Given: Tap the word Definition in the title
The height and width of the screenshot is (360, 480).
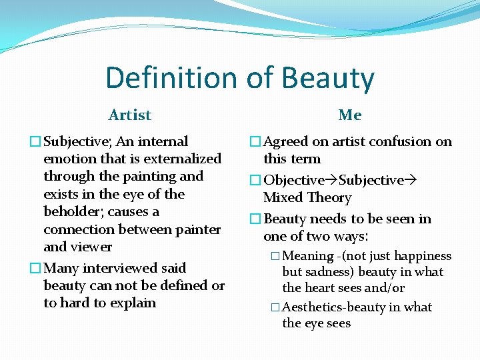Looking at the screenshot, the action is tap(171, 77).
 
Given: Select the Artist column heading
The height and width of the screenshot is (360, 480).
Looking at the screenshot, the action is tap(130, 115).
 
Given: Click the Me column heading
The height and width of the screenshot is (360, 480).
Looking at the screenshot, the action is tap(350, 115).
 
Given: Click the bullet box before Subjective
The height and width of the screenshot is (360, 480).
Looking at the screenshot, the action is tap(35, 141).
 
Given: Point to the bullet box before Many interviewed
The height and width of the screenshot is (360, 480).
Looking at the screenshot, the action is tap(35, 268).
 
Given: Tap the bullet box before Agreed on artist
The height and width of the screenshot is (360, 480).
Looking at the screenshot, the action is tap(255, 141).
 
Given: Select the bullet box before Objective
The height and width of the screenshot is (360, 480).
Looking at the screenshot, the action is tap(255, 180).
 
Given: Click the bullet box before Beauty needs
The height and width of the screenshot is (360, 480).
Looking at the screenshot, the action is tap(255, 219).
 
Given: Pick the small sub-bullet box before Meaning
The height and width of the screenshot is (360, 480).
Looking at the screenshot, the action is tap(275, 255).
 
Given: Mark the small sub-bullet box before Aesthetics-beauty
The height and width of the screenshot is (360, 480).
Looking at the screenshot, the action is tap(275, 307).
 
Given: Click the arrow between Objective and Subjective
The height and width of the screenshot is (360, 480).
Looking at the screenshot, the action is tap(331, 180).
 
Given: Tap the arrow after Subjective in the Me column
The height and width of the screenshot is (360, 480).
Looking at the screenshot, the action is tap(410, 180).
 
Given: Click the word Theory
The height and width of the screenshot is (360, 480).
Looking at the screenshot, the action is tap(329, 198).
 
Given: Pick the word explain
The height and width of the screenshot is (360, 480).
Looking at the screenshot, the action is tap(133, 304).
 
